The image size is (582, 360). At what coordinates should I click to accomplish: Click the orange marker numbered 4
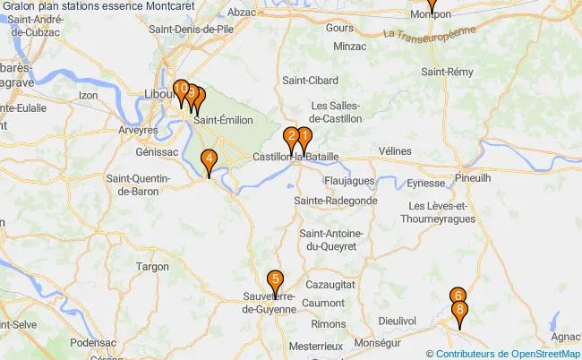point(209,161)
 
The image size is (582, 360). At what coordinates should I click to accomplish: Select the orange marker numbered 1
point(304,139)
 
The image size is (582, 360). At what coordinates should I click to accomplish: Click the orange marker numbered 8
point(460,313)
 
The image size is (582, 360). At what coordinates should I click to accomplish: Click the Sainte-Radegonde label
point(336,201)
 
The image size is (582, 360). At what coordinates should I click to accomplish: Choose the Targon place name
point(151,266)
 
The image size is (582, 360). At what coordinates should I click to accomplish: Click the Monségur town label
point(377,342)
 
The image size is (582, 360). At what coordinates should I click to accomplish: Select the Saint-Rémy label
point(448,72)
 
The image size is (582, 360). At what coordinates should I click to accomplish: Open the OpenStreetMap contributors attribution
point(508,353)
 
